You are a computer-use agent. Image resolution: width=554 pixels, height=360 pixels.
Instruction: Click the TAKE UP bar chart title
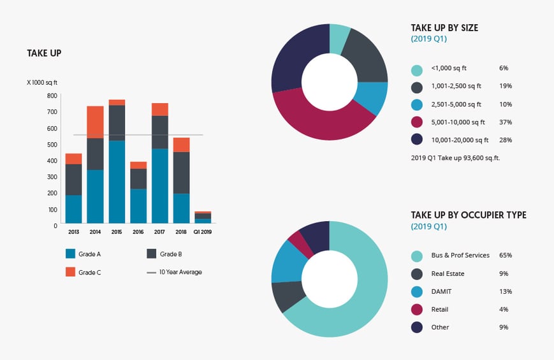(44, 54)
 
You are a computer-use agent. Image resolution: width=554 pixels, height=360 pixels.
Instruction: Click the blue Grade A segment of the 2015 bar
(117, 181)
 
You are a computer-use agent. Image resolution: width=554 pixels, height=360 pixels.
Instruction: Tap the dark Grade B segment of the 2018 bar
(182, 173)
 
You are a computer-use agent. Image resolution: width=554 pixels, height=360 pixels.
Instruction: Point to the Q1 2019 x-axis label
(203, 231)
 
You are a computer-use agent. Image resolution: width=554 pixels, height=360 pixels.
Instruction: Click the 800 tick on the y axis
(52, 96)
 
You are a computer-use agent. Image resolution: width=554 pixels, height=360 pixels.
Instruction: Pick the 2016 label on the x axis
(138, 231)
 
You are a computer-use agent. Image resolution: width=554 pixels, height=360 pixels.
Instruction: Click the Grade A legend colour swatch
(71, 254)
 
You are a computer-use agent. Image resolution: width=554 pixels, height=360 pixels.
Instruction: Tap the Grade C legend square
(71, 272)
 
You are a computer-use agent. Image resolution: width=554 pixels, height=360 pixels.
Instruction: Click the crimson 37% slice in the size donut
(319, 120)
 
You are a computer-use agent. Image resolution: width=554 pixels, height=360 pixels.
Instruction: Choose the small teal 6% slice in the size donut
(339, 39)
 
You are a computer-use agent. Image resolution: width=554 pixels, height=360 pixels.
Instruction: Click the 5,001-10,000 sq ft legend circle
(417, 122)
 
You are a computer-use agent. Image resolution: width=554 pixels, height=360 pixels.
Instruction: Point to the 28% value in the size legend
(506, 140)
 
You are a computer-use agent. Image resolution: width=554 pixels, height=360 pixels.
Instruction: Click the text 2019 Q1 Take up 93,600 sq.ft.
(455, 157)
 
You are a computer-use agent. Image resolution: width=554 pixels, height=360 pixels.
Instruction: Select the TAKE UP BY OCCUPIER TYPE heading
(469, 215)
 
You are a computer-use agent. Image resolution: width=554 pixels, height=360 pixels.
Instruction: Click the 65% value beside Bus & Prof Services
(506, 256)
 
